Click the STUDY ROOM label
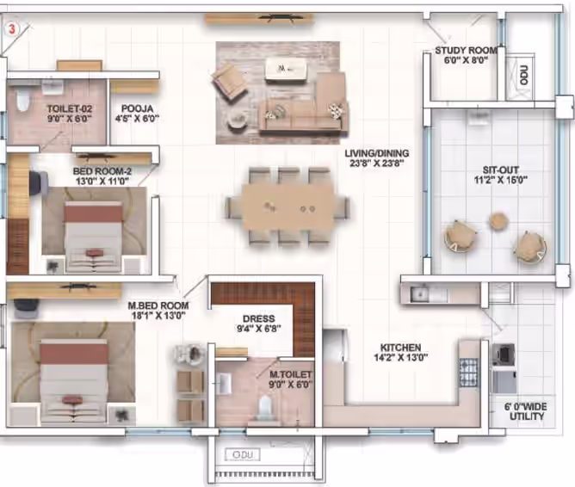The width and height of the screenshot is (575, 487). (466, 50)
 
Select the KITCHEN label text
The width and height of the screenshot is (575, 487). (400, 348)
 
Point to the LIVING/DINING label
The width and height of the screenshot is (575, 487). (377, 153)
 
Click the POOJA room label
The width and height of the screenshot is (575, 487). (137, 108)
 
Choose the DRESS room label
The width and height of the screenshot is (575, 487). (259, 319)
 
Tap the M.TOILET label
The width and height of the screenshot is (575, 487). (290, 374)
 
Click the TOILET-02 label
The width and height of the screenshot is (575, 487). (70, 108)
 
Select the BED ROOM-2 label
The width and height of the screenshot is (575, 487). (102, 171)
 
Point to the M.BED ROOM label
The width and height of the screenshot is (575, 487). (158, 305)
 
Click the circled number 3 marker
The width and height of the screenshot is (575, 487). (12, 29)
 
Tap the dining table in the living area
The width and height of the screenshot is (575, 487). (287, 207)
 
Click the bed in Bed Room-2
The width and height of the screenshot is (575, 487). (93, 237)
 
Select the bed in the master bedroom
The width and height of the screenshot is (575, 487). (74, 381)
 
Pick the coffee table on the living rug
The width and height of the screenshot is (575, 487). (285, 69)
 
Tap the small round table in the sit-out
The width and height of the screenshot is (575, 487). (498, 221)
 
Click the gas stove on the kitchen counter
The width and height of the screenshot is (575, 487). (469, 372)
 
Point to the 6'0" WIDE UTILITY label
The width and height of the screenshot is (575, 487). (527, 411)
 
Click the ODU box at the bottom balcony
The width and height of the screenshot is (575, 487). (243, 455)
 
